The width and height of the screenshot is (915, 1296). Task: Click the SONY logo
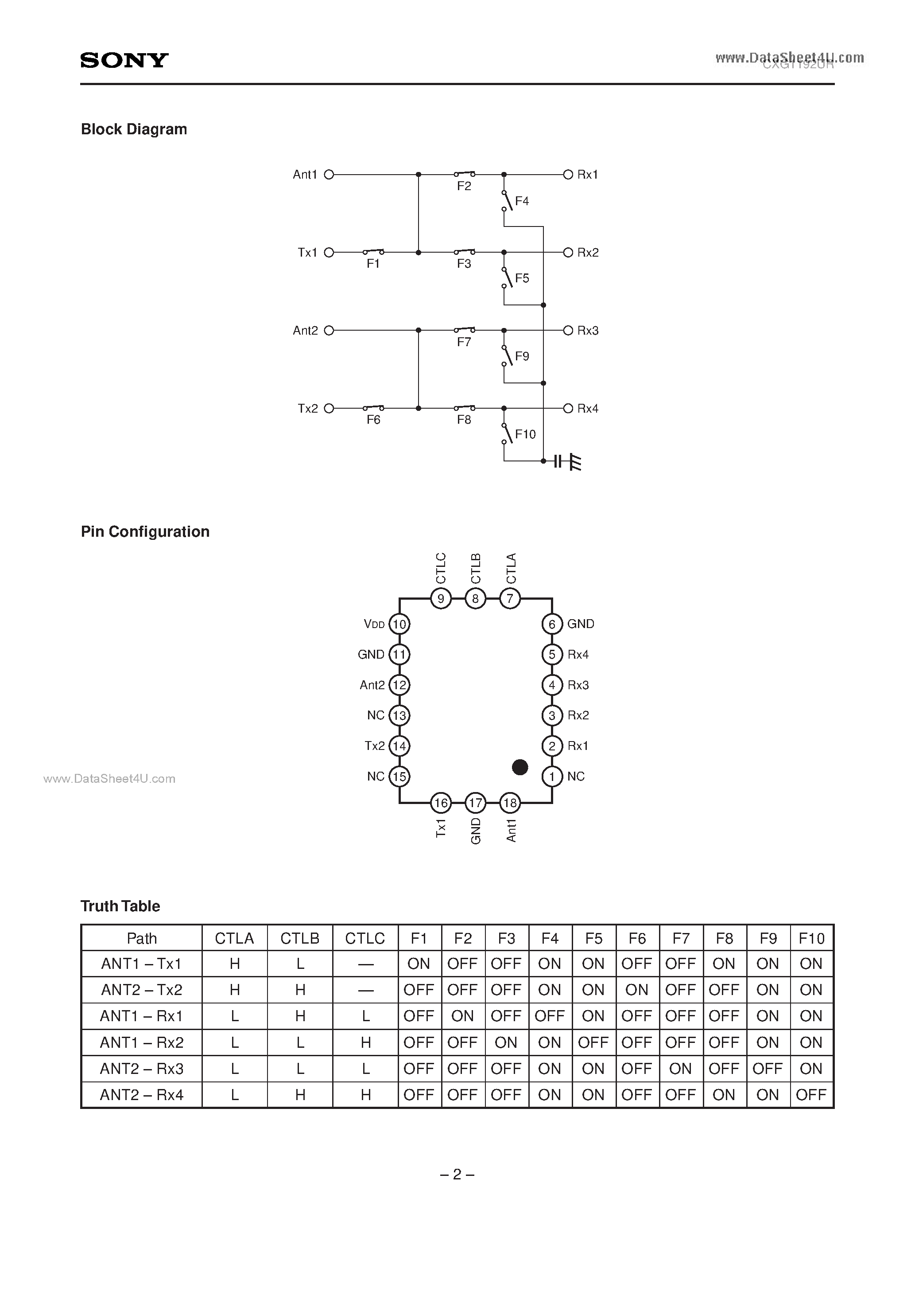(124, 60)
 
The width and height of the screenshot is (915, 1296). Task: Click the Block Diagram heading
(134, 129)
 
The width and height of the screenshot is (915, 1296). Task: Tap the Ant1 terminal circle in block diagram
(330, 175)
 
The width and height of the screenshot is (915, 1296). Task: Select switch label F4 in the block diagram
(522, 201)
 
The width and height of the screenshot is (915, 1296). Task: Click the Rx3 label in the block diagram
(587, 330)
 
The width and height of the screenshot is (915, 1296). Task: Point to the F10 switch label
(525, 434)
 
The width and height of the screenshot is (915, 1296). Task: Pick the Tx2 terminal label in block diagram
(307, 408)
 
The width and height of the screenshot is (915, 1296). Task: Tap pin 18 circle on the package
(510, 803)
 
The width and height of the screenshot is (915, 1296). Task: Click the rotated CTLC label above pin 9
(441, 568)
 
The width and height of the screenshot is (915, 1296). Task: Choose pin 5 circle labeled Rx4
(552, 654)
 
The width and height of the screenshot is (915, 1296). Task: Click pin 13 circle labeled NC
(399, 715)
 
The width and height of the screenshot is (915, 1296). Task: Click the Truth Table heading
(120, 906)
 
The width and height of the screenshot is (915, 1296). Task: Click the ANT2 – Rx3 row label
(142, 1069)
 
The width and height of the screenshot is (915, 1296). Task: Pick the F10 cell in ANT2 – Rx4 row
(810, 1095)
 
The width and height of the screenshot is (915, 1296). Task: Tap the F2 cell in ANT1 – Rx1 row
(462, 1016)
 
